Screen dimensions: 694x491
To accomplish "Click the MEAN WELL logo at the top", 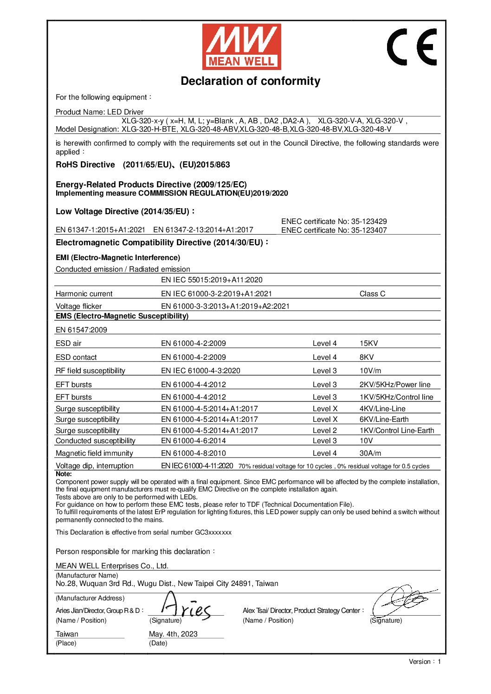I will [x=241, y=47].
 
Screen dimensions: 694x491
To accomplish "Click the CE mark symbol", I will [x=412, y=47].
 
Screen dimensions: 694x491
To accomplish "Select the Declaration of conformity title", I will [x=250, y=81].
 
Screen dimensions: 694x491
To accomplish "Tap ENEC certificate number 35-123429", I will [x=334, y=222].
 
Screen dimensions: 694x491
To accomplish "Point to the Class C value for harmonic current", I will [x=372, y=293].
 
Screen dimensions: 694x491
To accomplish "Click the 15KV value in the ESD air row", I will [x=368, y=344].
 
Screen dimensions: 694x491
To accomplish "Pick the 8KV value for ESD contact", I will [x=366, y=357].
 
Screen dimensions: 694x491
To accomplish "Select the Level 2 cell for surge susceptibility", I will [x=324, y=430].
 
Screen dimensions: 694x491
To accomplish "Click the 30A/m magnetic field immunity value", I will [x=370, y=453].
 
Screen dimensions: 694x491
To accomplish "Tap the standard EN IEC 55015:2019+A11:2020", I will [x=212, y=280].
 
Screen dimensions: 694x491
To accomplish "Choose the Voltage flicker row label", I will [x=78, y=306].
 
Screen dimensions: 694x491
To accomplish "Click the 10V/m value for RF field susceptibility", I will [x=370, y=371].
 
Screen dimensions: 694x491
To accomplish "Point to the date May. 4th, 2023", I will [x=173, y=634].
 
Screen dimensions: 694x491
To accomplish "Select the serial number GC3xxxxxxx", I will [x=213, y=532].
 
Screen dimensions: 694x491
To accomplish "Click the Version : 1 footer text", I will [x=424, y=662].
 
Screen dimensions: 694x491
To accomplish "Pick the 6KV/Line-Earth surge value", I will [x=384, y=420].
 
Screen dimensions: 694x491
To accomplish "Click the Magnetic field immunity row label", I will [x=94, y=453].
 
